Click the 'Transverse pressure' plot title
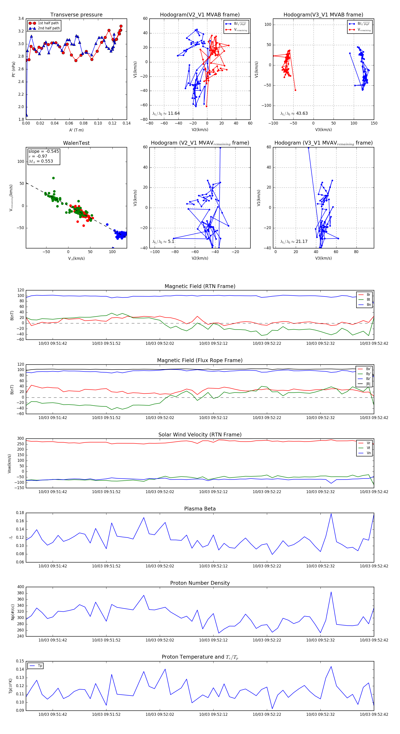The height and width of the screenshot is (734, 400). pyautogui.click(x=76, y=15)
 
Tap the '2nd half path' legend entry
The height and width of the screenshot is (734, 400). pyautogui.click(x=49, y=28)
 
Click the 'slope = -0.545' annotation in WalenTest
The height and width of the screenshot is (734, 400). pyautogui.click(x=44, y=151)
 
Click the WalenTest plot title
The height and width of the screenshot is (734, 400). pyautogui.click(x=76, y=143)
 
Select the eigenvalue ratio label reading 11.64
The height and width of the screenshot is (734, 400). pyautogui.click(x=166, y=113)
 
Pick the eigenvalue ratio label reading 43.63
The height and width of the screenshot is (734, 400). pyautogui.click(x=294, y=113)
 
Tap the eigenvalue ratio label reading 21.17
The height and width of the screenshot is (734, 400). pyautogui.click(x=294, y=242)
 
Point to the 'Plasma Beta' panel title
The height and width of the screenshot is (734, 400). pyautogui.click(x=200, y=509)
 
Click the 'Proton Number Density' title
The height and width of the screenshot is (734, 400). pyautogui.click(x=200, y=583)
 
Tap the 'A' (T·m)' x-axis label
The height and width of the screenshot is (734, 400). pyautogui.click(x=76, y=130)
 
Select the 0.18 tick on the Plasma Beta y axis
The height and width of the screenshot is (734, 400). pyautogui.click(x=20, y=513)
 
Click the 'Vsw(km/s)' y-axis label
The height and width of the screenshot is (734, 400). pyautogui.click(x=9, y=464)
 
